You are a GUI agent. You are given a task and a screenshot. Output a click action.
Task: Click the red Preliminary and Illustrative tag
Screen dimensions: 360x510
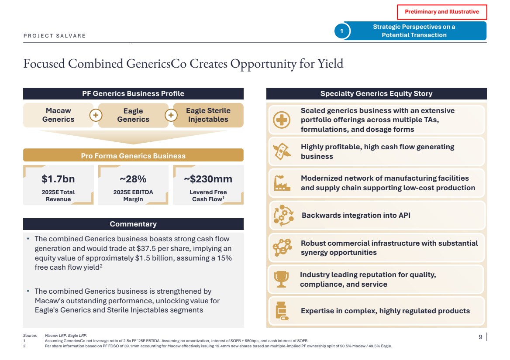(441, 12)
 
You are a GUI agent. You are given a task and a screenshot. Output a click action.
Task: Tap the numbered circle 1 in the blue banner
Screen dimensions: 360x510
(341, 31)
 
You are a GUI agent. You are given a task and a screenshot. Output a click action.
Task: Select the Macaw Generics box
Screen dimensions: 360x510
(58, 115)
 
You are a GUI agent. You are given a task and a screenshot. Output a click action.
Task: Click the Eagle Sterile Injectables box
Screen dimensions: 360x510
(208, 115)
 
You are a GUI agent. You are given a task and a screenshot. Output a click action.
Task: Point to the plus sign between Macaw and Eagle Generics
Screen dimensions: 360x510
(96, 115)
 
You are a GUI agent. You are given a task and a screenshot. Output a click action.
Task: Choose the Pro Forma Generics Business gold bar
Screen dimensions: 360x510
(133, 156)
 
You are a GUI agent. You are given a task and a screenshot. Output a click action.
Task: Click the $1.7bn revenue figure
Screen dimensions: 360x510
(58, 179)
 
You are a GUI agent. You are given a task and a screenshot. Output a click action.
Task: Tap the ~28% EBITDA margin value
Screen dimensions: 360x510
(133, 179)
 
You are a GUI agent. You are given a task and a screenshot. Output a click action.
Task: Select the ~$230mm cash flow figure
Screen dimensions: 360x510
(208, 179)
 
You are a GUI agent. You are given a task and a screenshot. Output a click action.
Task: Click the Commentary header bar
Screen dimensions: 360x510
(133, 224)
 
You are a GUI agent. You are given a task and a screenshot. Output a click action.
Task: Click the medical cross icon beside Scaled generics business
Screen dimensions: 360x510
(282, 120)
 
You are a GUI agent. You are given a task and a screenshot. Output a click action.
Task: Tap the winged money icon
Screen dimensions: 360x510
(282, 151)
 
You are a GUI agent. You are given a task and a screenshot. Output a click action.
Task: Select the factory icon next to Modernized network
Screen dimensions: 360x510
(282, 183)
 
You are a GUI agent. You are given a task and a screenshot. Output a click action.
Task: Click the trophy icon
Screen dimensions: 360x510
(281, 279)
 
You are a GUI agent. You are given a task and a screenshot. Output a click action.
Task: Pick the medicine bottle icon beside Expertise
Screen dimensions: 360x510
(282, 311)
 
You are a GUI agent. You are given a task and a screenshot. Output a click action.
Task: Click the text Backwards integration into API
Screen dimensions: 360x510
(356, 215)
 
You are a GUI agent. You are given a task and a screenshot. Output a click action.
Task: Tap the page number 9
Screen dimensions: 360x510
(480, 336)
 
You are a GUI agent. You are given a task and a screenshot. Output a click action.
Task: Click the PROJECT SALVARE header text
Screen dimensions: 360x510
(55, 36)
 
